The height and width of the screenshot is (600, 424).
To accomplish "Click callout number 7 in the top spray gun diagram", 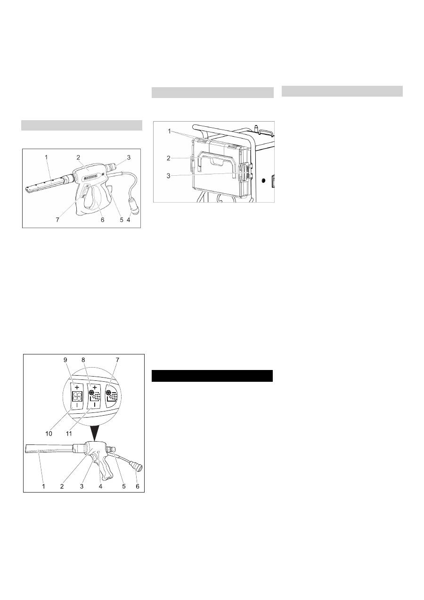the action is tap(57, 220).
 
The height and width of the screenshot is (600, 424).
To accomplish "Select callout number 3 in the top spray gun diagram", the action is tap(129, 157).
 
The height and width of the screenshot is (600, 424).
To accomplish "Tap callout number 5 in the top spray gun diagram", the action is tap(122, 220).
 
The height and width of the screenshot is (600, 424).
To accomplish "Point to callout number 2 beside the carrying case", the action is tap(168, 158).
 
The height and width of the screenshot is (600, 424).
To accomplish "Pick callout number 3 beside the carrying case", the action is tap(168, 176).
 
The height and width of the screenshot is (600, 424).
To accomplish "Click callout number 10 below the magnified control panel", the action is tap(49, 433).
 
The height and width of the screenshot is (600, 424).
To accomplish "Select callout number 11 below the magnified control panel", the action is tap(69, 433).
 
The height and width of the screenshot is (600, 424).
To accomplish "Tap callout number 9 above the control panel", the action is tap(65, 360).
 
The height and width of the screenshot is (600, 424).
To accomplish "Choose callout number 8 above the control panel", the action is tap(83, 360).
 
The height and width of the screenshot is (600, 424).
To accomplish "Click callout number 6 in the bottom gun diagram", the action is tap(138, 486).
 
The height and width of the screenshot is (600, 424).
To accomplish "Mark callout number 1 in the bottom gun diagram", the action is tap(44, 486).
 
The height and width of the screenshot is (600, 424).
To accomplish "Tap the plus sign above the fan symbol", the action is tap(77, 387).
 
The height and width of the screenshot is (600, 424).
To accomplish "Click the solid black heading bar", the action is tap(212, 376).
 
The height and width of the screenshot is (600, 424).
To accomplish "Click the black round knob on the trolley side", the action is tap(263, 181).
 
